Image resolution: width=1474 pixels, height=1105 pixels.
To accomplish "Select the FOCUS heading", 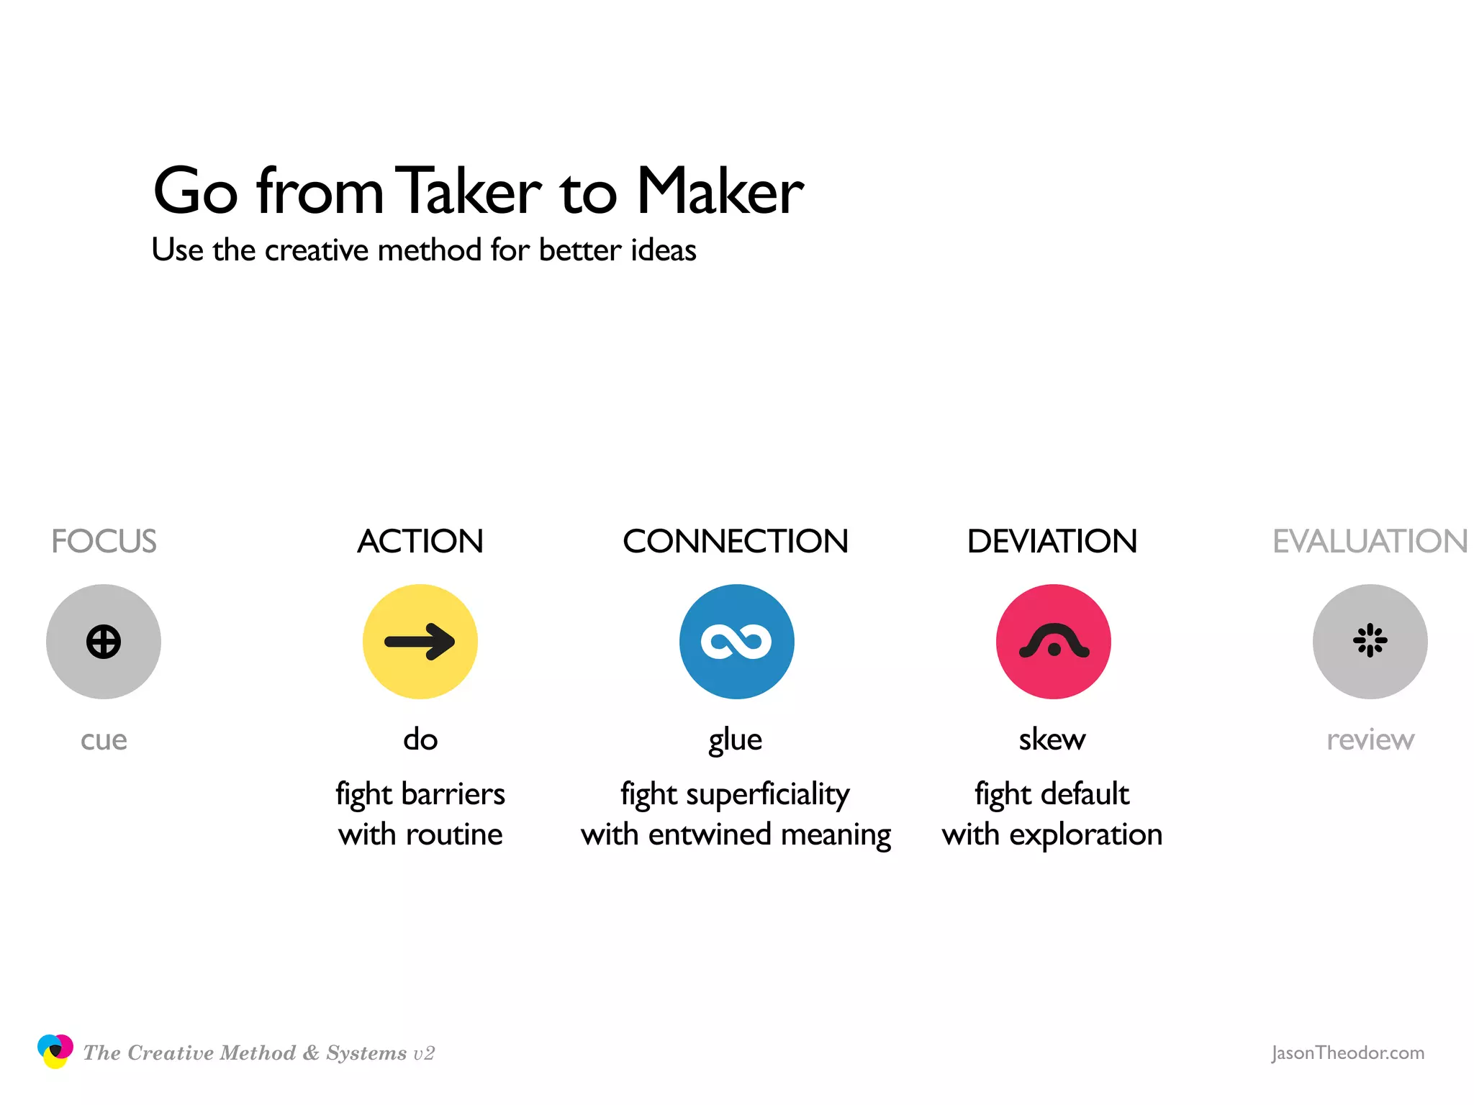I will coord(104,541).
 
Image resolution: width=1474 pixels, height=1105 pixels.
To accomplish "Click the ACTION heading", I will coord(420,541).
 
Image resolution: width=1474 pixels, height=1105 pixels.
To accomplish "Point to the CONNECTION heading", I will coord(736,541).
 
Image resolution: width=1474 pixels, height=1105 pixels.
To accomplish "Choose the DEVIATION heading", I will coord(1052,541).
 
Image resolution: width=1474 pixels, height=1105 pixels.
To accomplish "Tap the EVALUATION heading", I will coord(1370,541).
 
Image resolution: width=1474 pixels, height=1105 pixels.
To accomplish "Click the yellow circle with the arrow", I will coord(420,641).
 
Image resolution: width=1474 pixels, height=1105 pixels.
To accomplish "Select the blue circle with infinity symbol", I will coord(736,641).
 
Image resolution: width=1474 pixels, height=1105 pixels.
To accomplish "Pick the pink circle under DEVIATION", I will coord(1053,641).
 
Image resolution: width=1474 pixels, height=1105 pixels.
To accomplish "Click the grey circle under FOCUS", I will coord(104,641).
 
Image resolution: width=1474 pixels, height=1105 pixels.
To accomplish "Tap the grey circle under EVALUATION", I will coord(1370,641).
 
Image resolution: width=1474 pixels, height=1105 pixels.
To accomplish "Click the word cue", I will coord(104,740).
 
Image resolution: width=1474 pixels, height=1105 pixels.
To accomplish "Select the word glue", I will coord(735,740).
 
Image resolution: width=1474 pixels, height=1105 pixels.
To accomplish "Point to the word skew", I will coord(1052,740).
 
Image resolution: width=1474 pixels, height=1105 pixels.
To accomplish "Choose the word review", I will coord(1370,740).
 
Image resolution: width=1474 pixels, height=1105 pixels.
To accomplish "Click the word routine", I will coord(454,835).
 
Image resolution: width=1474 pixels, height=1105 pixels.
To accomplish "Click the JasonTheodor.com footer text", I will coord(1347,1052).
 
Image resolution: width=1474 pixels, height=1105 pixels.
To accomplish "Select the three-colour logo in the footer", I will coord(55,1051).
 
